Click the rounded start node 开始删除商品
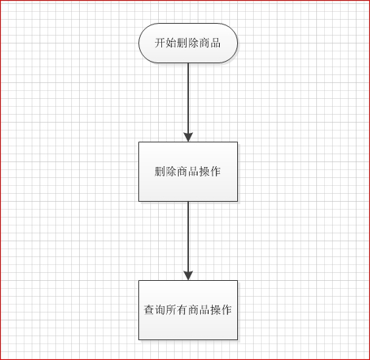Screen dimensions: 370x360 pyautogui.click(x=188, y=43)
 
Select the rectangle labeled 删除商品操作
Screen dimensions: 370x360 pyautogui.click(x=188, y=172)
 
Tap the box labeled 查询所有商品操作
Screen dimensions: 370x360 pyautogui.click(x=188, y=310)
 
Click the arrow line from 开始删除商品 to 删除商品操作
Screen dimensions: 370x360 pyautogui.click(x=188, y=102)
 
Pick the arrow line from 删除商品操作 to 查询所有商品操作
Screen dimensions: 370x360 pyautogui.click(x=188, y=241)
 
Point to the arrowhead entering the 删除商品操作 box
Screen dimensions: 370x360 pyautogui.click(x=188, y=138)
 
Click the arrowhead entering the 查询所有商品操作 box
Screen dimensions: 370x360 pyautogui.click(x=188, y=275)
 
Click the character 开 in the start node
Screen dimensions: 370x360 pyautogui.click(x=160, y=43)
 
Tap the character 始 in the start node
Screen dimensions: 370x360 pyautogui.click(x=171, y=43)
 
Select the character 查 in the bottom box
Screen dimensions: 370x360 pyautogui.click(x=149, y=310)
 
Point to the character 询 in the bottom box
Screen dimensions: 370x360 pyautogui.click(x=160, y=310)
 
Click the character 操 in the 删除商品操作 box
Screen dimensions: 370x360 pyautogui.click(x=204, y=172)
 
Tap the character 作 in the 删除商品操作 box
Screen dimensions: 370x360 pyautogui.click(x=215, y=172)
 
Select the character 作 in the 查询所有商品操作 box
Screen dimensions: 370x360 pyautogui.click(x=227, y=310)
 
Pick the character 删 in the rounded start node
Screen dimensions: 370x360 pyautogui.click(x=182, y=43)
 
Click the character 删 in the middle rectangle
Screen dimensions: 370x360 pyautogui.click(x=160, y=172)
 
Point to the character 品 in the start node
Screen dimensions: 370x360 pyautogui.click(x=215, y=43)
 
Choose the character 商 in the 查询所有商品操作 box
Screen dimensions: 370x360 pyautogui.click(x=194, y=310)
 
